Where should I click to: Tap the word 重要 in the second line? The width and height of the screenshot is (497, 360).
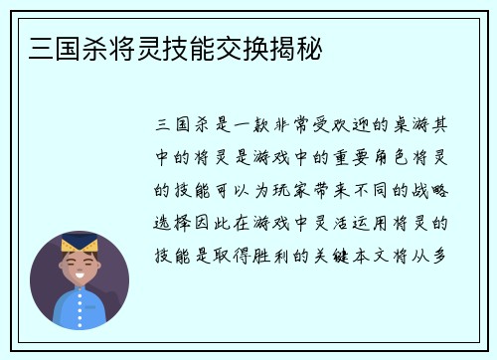(x=372, y=157)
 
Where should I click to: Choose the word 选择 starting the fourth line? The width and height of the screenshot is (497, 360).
(x=175, y=222)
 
